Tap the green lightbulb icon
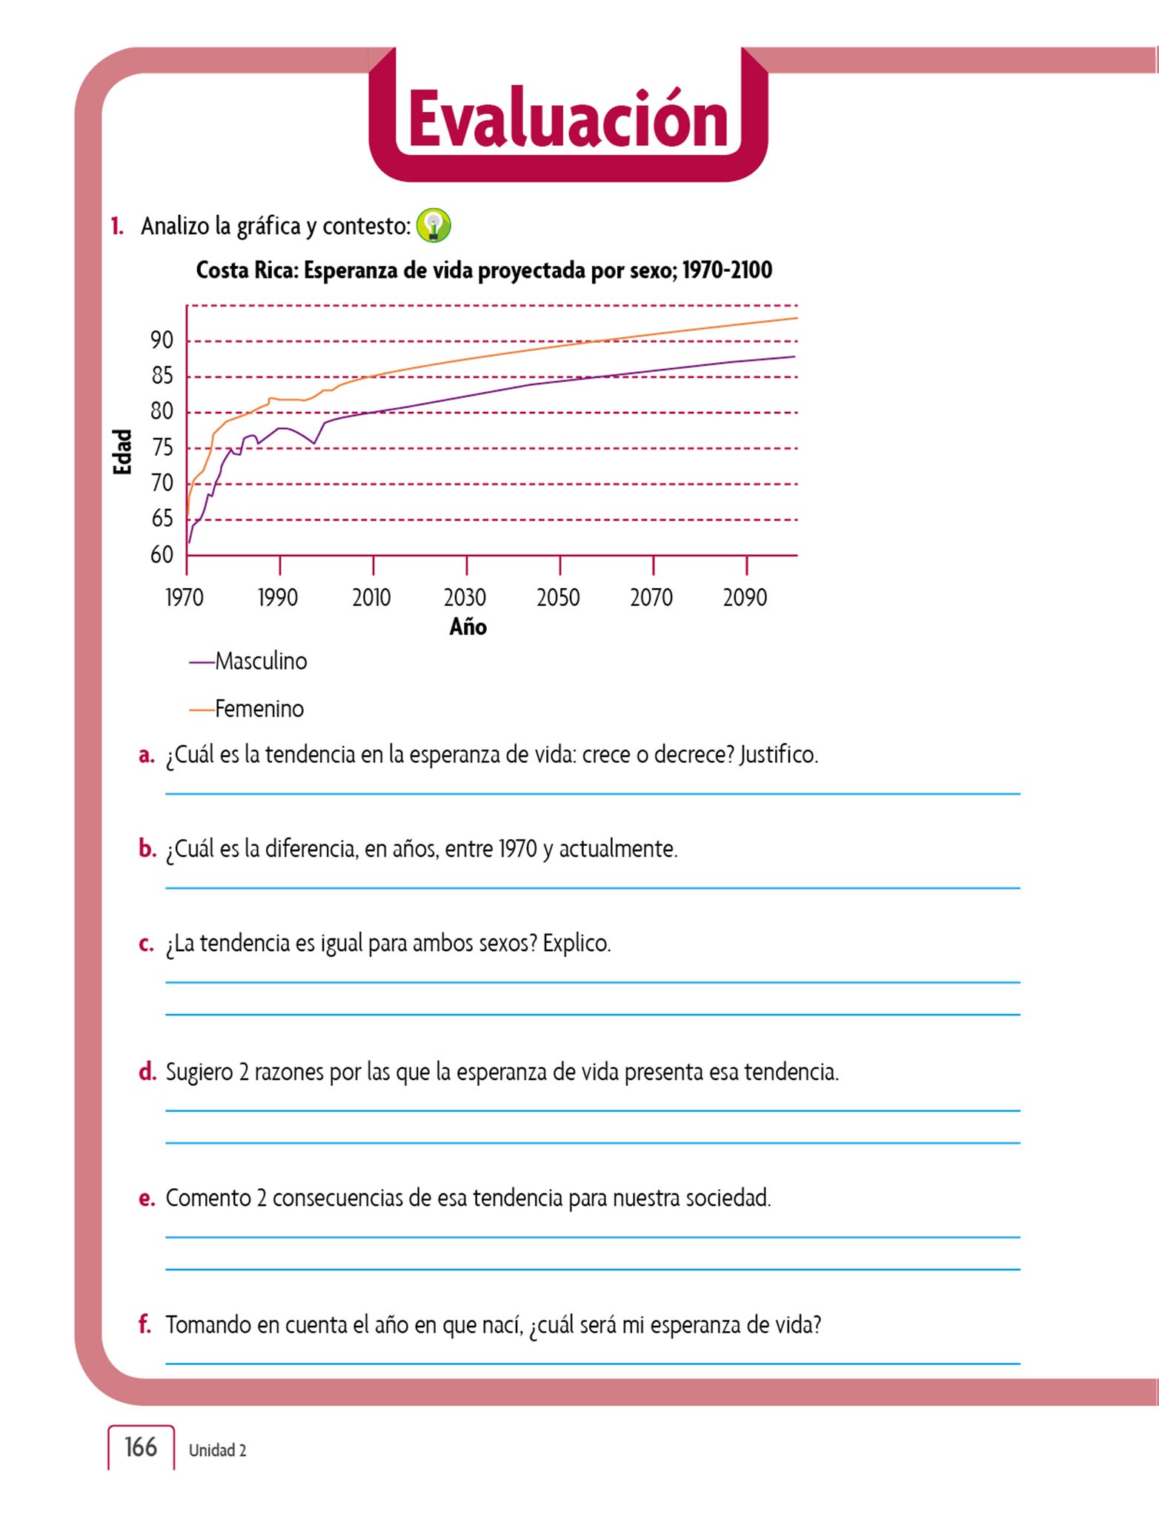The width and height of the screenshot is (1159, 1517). [x=434, y=225]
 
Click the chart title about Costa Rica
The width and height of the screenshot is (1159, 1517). [x=484, y=270]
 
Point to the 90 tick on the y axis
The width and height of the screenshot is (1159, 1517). [x=162, y=341]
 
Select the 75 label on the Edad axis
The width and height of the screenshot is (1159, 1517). [x=162, y=448]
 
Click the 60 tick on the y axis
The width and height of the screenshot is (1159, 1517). [x=162, y=555]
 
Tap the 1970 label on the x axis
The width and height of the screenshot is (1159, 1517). [x=185, y=597]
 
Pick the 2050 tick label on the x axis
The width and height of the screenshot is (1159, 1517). [x=558, y=597]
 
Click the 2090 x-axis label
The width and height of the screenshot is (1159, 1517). [x=745, y=597]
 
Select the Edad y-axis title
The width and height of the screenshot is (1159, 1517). [x=122, y=451]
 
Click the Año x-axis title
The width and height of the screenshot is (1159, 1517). [x=468, y=627]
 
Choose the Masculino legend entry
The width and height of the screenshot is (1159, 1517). [x=260, y=661]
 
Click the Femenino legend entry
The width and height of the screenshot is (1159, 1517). [x=259, y=710]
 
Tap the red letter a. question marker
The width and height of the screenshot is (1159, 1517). [x=146, y=756]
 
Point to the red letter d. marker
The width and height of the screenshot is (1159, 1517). [x=147, y=1072]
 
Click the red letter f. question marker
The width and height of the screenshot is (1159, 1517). [x=145, y=1324]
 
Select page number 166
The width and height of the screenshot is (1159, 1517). [x=140, y=1447]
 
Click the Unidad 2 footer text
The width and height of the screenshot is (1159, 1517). [x=217, y=1450]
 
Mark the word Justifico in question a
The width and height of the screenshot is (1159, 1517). [x=778, y=755]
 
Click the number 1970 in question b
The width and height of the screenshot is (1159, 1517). [x=517, y=849]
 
